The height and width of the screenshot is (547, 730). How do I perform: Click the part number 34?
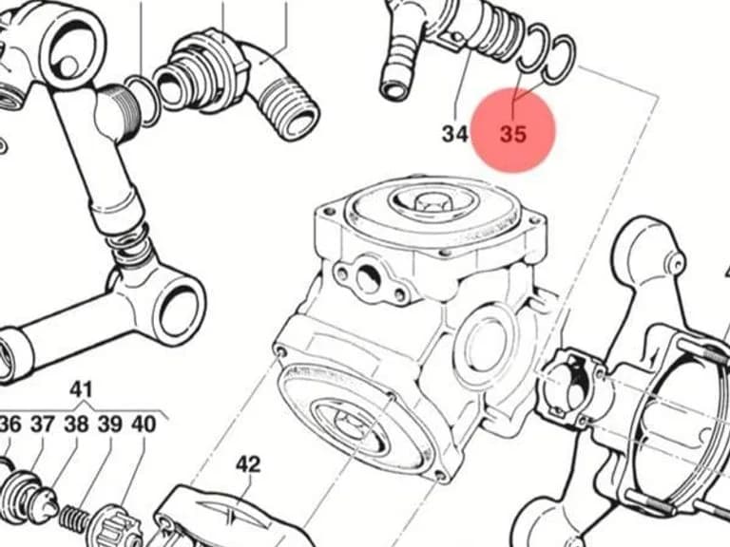(x=455, y=134)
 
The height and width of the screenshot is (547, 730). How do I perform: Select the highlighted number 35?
(x=513, y=134)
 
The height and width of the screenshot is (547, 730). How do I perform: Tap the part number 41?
(x=81, y=389)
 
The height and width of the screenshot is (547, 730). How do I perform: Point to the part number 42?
(x=248, y=464)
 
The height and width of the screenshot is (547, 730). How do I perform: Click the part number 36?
(x=10, y=424)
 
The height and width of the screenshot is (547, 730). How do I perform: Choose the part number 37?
(x=44, y=424)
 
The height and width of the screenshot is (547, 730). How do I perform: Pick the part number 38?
(x=76, y=424)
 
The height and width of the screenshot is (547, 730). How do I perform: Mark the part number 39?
(x=110, y=424)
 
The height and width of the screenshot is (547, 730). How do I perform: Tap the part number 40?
(x=144, y=424)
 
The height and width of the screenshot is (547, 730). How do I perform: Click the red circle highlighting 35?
(x=513, y=129)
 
